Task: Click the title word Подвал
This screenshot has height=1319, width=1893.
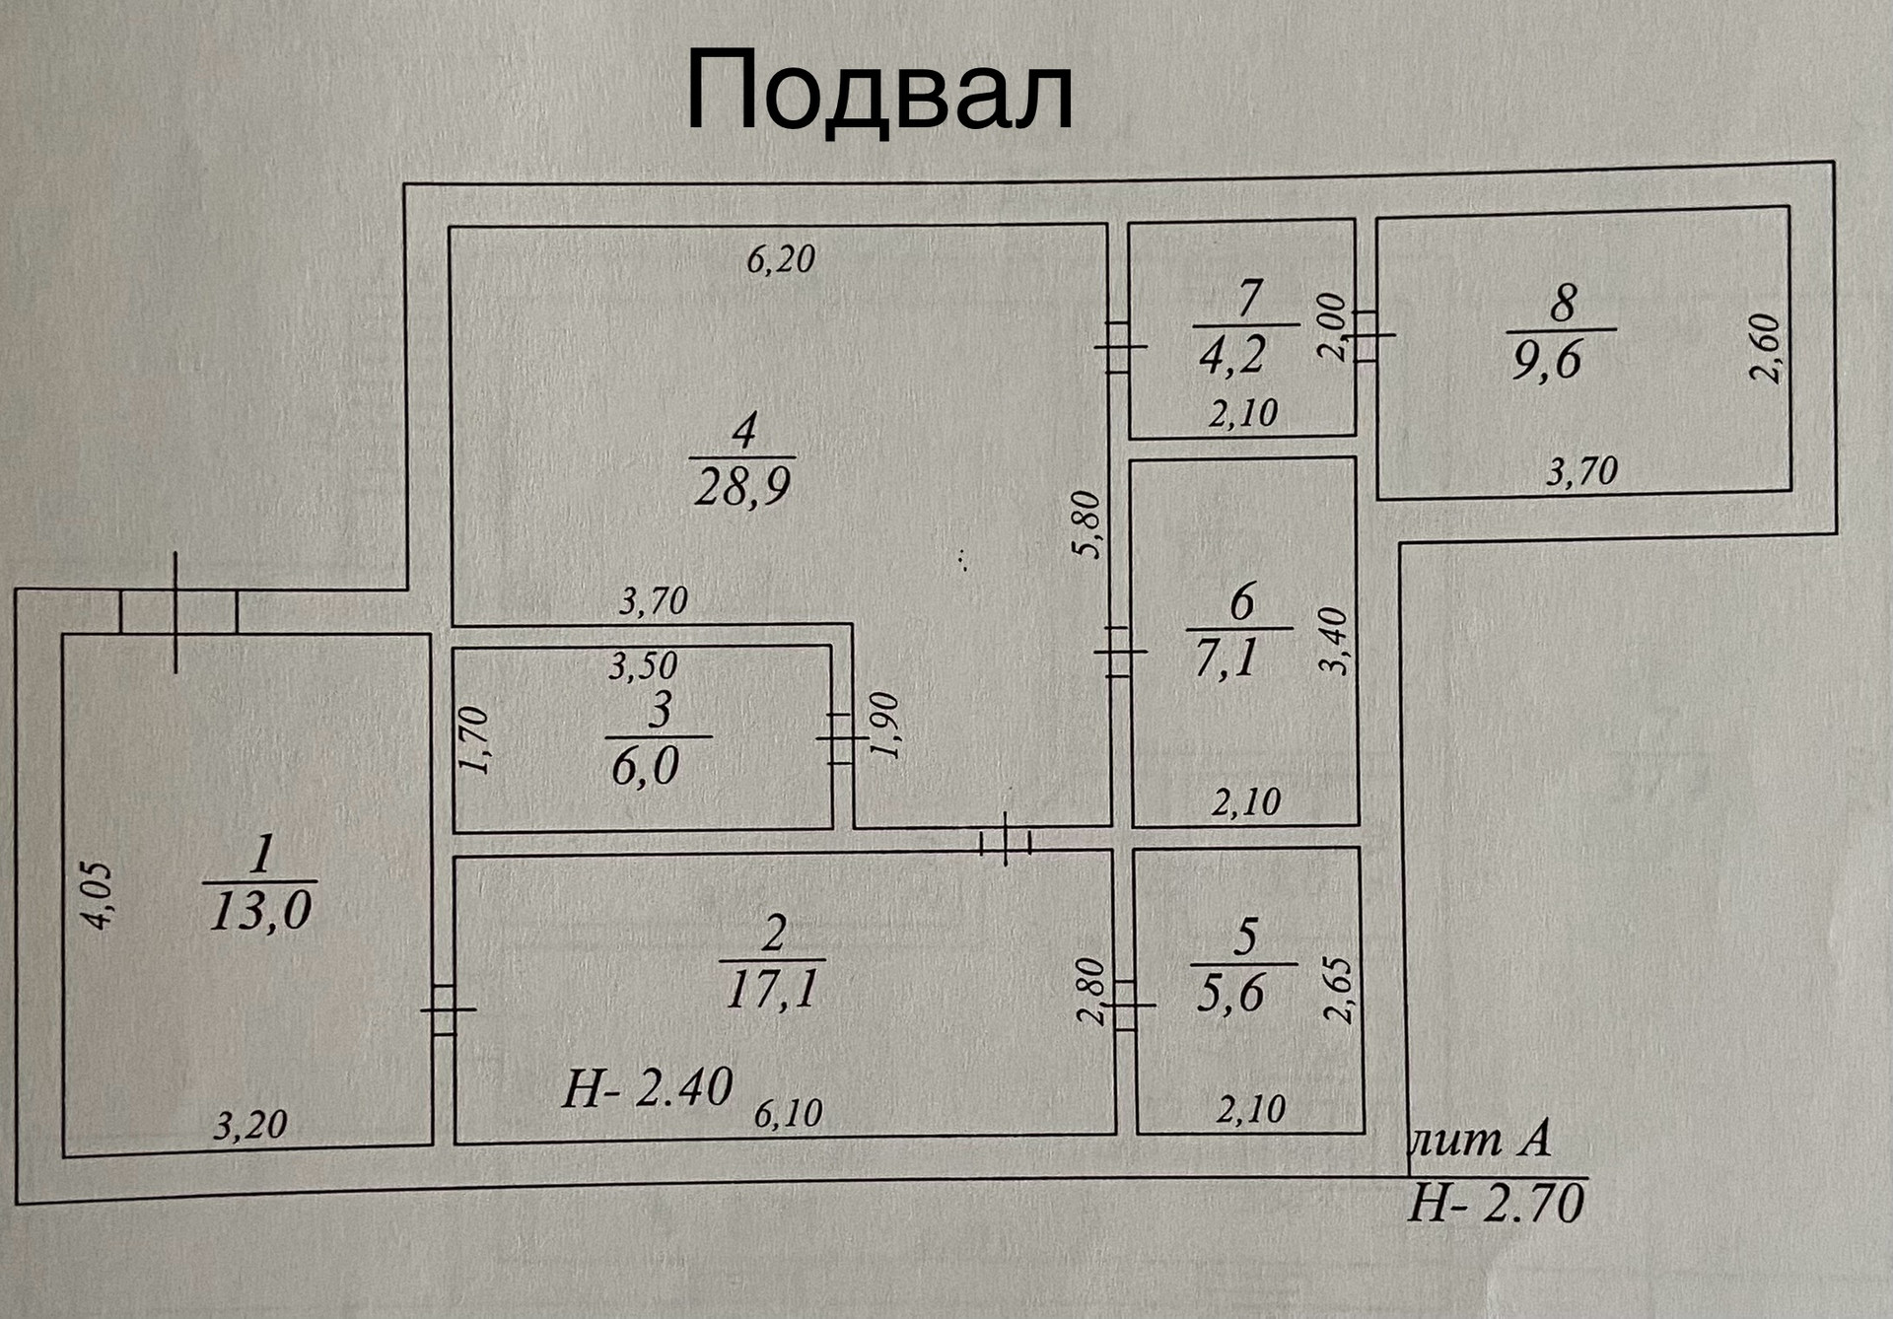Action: [x=878, y=91]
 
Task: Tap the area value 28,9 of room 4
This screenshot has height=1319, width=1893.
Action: [x=742, y=486]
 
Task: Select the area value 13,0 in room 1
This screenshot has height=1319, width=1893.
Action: [x=260, y=910]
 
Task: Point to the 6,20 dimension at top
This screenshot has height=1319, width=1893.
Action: [x=780, y=259]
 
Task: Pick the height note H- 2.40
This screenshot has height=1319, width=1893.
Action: [x=647, y=1088]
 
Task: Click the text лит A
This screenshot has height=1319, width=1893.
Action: [x=1481, y=1141]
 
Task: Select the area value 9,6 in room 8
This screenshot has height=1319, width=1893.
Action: [x=1546, y=361]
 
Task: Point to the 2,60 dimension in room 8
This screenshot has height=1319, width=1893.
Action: [x=1765, y=347]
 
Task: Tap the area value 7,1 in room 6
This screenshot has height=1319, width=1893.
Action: [x=1227, y=658]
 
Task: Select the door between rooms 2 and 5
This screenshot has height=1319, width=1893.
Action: [x=1125, y=1006]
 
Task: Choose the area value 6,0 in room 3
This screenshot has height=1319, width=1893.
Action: [x=645, y=767]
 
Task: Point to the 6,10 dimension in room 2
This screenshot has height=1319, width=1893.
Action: [x=788, y=1114]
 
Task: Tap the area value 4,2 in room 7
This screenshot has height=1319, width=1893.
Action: [x=1231, y=355]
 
